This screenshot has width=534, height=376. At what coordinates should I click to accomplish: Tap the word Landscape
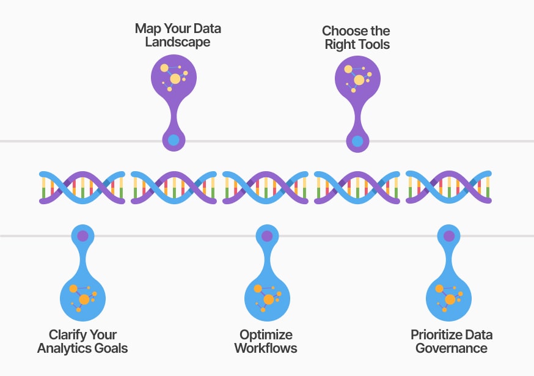tap(177, 42)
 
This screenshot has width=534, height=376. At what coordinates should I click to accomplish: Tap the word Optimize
tap(266, 335)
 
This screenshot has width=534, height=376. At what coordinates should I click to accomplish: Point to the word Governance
tap(452, 348)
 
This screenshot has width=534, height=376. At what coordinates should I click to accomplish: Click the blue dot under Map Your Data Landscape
tap(174, 140)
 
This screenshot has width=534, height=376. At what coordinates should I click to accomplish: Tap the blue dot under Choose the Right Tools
tap(357, 142)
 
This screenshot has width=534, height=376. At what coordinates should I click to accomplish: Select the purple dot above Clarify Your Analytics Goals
tap(83, 235)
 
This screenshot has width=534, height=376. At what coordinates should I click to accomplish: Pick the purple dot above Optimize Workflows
tap(267, 235)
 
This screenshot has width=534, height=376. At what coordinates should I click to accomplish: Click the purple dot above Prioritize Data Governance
tap(449, 235)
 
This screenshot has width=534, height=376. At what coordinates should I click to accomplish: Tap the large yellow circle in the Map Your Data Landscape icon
tap(175, 78)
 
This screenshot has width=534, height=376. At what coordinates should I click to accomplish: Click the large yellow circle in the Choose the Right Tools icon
tap(359, 80)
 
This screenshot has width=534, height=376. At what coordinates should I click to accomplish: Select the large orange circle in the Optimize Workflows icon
tap(268, 300)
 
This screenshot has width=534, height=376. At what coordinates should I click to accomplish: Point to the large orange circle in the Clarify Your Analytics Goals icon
tap(84, 300)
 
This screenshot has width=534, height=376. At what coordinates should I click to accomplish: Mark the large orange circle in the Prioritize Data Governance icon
tap(450, 300)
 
